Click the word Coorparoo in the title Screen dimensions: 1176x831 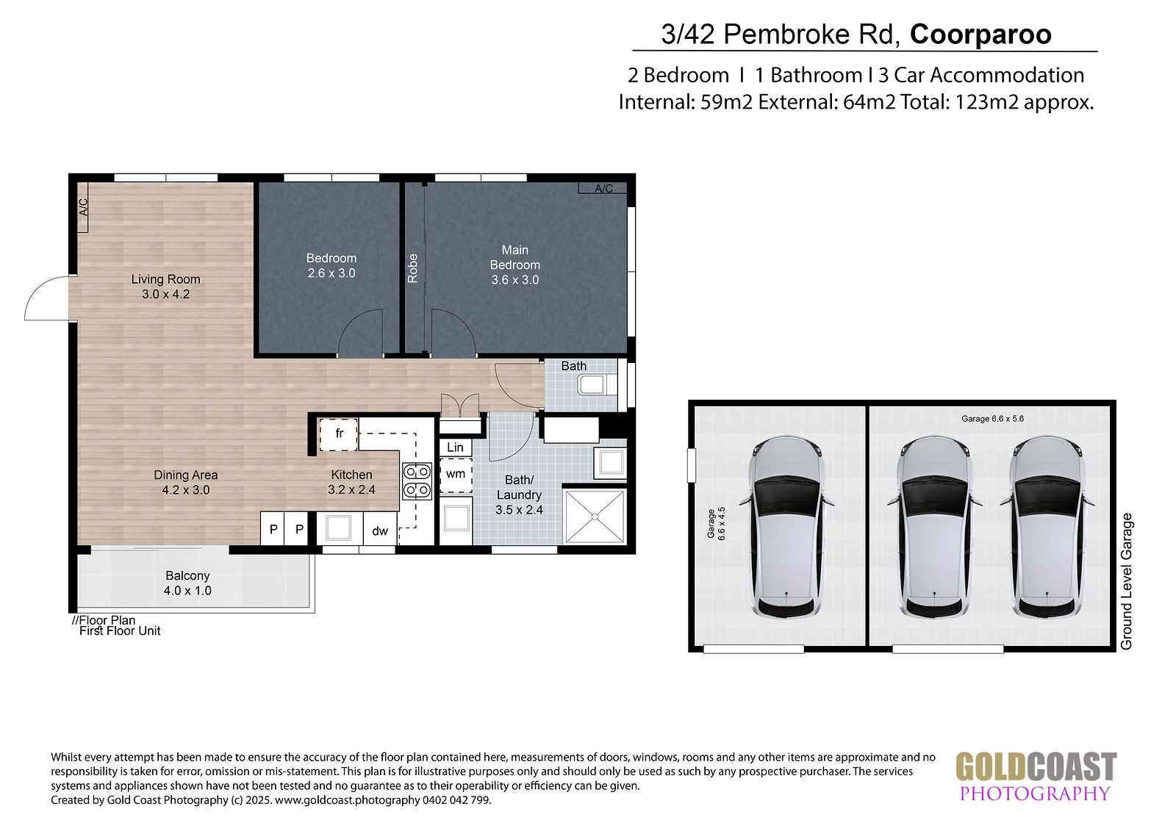pyautogui.click(x=980, y=34)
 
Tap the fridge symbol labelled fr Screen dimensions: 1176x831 pyautogui.click(x=339, y=434)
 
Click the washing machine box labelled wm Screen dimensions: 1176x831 pyautogui.click(x=456, y=475)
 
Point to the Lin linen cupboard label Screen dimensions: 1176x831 pyautogui.click(x=455, y=447)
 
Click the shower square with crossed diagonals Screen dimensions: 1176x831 pyautogui.click(x=595, y=517)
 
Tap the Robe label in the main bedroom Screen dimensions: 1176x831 pyautogui.click(x=412, y=268)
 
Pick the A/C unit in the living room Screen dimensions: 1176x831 pyautogui.click(x=83, y=207)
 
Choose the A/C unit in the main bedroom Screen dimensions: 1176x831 pyautogui.click(x=603, y=188)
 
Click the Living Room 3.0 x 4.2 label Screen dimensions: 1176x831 pyautogui.click(x=166, y=287)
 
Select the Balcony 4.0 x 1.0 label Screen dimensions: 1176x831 pyautogui.click(x=187, y=583)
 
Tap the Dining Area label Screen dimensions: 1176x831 pyautogui.click(x=185, y=475)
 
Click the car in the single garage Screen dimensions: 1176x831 pyautogui.click(x=786, y=528)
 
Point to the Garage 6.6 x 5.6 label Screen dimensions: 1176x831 pyautogui.click(x=992, y=419)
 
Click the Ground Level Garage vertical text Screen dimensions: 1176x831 pyautogui.click(x=1126, y=581)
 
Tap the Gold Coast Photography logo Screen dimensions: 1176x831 pyautogui.click(x=1036, y=777)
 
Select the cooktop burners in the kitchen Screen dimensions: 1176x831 pyautogui.click(x=417, y=481)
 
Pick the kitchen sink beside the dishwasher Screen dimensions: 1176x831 pyautogui.click(x=339, y=528)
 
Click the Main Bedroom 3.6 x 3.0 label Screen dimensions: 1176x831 pyautogui.click(x=514, y=265)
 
